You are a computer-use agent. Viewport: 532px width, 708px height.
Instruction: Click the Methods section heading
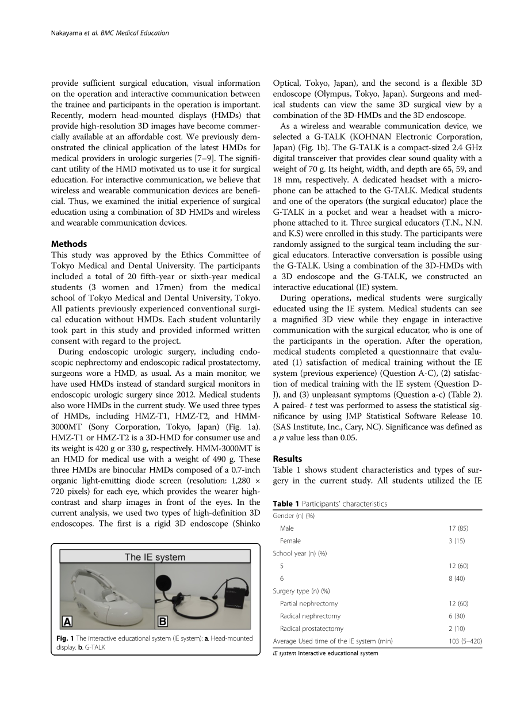69,244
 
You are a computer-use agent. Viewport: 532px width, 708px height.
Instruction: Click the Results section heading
287,459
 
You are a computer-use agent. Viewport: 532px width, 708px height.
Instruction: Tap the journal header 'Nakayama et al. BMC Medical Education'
107,33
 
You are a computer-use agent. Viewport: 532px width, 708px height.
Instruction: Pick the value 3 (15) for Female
458,541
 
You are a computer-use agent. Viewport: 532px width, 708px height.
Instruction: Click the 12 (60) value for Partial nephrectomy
458,604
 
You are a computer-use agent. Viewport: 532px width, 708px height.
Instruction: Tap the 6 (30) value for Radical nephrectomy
458,616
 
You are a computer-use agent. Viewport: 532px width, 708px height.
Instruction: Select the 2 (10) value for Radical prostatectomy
458,629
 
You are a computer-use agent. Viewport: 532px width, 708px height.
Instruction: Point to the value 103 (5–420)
462,641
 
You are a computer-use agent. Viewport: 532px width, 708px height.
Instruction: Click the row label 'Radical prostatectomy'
311,629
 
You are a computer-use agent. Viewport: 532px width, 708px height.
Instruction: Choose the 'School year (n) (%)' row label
300,554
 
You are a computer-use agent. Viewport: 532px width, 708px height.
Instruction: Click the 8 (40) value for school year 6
458,578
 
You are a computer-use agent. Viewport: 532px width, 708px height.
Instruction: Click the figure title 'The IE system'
155,557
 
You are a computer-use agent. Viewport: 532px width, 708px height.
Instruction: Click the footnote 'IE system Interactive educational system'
326,653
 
